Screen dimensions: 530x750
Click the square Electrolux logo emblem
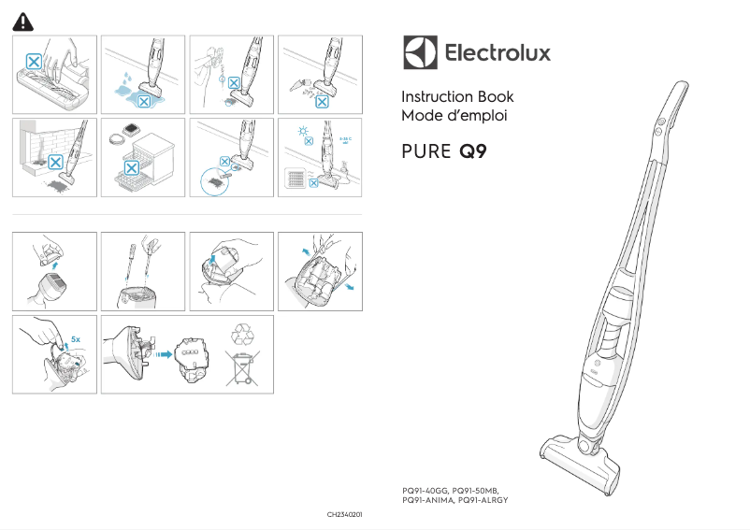point(420,52)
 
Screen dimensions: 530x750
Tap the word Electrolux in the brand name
point(497,53)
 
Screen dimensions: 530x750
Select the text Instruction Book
point(456,97)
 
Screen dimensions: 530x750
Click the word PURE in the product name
point(426,152)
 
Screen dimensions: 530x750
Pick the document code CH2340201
point(344,515)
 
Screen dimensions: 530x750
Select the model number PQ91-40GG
point(424,491)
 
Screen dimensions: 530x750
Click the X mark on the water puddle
point(144,100)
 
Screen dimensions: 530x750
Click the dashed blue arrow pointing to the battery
point(163,354)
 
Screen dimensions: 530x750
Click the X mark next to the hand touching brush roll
point(34,62)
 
